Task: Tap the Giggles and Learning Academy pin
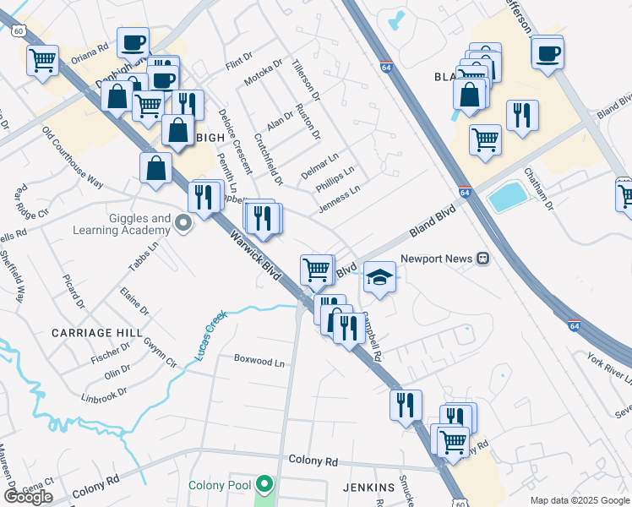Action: tap(184, 224)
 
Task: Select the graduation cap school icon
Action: tap(380, 278)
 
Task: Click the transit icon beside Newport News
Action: tap(482, 259)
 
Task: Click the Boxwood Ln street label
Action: tap(259, 361)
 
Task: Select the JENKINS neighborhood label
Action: tap(369, 488)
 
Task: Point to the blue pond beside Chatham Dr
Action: tap(509, 198)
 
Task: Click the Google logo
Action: tap(28, 496)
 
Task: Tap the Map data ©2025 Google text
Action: tap(580, 500)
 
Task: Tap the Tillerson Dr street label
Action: tap(305, 77)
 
